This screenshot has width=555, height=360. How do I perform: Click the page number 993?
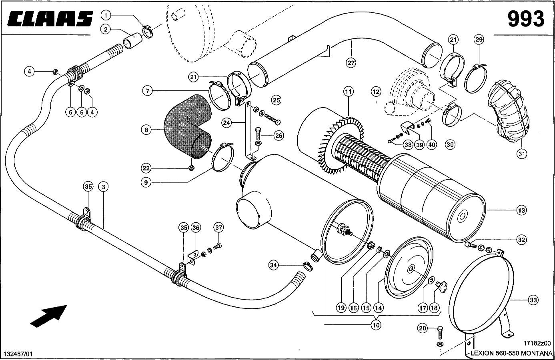[526, 19]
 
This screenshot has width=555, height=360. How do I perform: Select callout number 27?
[351, 62]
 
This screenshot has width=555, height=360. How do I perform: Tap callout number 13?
[521, 210]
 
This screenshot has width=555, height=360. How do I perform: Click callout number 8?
[146, 130]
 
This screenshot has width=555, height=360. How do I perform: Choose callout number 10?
[376, 325]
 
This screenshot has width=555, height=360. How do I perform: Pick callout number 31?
[521, 154]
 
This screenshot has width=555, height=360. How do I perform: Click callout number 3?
[103, 186]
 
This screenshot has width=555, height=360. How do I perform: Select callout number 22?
[146, 168]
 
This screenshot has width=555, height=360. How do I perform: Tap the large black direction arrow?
[49, 314]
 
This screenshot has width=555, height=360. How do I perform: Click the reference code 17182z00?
[537, 343]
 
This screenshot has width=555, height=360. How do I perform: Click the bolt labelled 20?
[440, 332]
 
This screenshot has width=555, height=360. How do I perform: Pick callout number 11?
[349, 92]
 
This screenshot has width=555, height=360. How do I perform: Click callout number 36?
[196, 228]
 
